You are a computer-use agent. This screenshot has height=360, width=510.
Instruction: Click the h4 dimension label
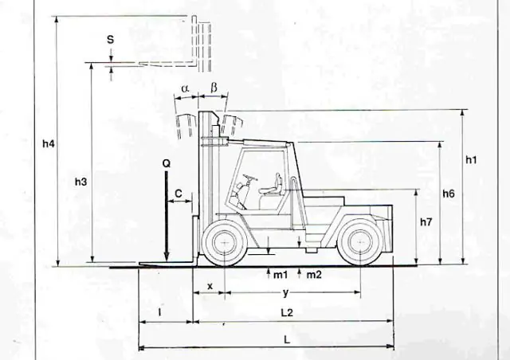coord(49,143)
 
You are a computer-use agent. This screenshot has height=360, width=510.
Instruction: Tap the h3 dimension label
coord(81,182)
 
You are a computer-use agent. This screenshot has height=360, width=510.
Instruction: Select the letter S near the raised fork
coord(111,40)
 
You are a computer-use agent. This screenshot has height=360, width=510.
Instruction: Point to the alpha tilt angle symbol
coord(185,88)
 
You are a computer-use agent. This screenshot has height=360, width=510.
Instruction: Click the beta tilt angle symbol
coord(214,88)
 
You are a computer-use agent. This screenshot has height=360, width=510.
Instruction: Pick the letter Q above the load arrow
coord(167,163)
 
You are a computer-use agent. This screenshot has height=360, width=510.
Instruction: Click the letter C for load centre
coord(178,194)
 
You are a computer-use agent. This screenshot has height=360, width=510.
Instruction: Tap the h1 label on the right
coord(471,159)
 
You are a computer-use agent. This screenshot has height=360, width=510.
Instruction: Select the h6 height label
coord(449,194)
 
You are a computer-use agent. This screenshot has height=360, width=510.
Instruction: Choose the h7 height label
coord(426,222)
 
